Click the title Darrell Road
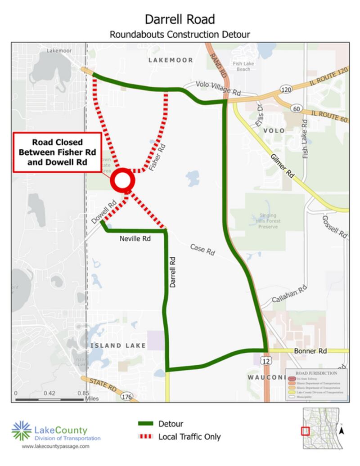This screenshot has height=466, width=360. tap(180, 19)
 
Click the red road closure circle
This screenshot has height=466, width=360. tap(123, 180)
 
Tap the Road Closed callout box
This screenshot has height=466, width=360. tap(57, 152)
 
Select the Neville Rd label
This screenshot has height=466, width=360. tap(135, 238)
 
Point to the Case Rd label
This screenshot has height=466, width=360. tap(202, 250)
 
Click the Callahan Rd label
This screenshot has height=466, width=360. tap(289, 295)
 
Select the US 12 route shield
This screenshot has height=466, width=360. tap(265, 361)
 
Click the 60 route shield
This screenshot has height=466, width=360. tap(296, 108)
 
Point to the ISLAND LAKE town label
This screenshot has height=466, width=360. tap(118, 345)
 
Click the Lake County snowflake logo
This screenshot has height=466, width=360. tap(21, 430)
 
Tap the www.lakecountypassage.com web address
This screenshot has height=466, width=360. tap(55, 446)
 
